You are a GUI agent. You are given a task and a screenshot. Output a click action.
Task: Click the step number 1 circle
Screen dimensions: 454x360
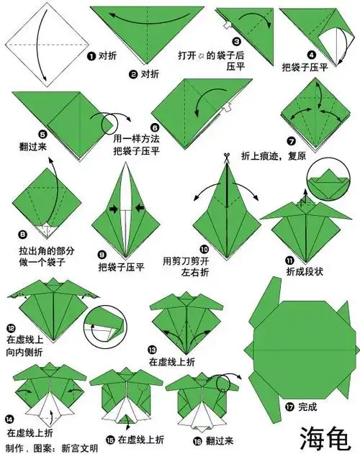(x=91, y=55)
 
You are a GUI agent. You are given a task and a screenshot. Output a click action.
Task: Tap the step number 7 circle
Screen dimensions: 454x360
(x=290, y=141)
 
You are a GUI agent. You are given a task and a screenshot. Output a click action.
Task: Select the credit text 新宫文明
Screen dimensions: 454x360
(x=81, y=448)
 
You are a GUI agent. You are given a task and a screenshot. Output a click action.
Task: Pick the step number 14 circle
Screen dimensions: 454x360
(x=9, y=418)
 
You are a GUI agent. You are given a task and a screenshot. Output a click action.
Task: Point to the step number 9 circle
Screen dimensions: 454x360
(x=102, y=254)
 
